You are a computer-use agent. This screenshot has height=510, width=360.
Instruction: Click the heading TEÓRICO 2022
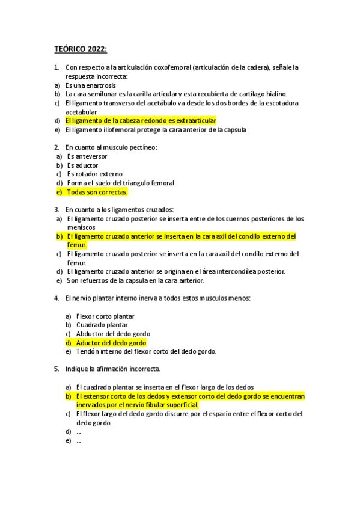81,49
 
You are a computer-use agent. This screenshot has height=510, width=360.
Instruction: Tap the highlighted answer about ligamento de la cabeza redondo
141,121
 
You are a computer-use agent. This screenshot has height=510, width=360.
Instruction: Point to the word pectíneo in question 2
142,147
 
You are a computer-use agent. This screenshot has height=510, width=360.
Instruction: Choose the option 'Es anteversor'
87,156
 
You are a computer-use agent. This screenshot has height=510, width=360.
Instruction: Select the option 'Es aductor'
82,165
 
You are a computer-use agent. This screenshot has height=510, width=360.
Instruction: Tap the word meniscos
81,227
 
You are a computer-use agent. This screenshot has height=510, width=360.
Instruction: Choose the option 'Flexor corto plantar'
105,316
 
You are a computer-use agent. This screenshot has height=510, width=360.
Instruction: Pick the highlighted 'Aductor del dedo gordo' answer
111,343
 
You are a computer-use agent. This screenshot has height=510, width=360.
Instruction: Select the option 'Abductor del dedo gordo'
113,334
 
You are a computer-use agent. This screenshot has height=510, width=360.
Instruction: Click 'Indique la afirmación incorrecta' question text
113,369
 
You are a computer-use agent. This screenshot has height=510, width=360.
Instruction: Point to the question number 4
56,298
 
